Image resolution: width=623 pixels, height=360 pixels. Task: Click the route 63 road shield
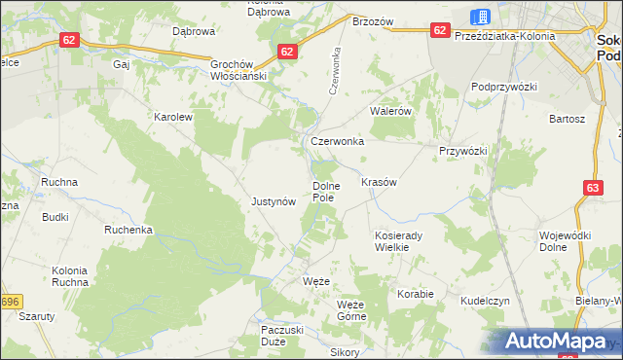[x=594, y=187]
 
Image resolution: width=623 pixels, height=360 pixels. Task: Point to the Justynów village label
[x=274, y=202]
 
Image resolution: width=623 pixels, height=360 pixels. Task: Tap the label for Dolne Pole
[x=324, y=192]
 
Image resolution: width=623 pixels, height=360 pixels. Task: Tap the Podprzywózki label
[x=504, y=87]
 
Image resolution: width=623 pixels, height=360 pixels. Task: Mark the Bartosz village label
[x=567, y=119]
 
